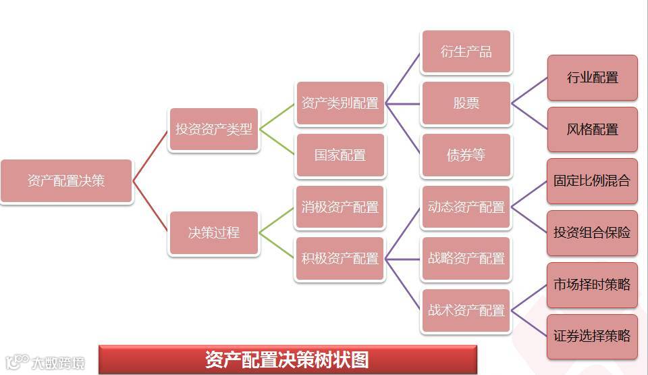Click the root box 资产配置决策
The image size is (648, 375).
[x=66, y=181]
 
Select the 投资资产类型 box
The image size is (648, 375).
[x=214, y=129]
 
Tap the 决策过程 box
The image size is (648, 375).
[x=214, y=232]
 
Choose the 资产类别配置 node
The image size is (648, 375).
[x=340, y=103]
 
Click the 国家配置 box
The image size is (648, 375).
[x=340, y=155]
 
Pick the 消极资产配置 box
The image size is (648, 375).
[x=340, y=207]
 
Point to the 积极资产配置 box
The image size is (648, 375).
[x=340, y=259]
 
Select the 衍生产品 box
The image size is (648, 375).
[x=466, y=52]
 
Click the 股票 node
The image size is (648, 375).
[x=466, y=103]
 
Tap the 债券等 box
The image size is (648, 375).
[x=466, y=155]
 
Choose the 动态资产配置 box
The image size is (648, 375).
[x=466, y=207]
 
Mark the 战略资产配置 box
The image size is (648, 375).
[x=466, y=259]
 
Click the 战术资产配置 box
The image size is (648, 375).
[x=466, y=311]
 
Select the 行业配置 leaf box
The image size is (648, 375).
[x=592, y=78]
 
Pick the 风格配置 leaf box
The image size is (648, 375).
[x=592, y=129]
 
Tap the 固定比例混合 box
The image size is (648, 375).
[x=592, y=181]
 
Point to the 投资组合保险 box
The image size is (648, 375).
[x=592, y=232]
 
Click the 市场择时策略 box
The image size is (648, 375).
[x=592, y=284]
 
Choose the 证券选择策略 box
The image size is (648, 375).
[x=592, y=336]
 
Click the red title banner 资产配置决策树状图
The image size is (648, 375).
[x=288, y=359]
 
